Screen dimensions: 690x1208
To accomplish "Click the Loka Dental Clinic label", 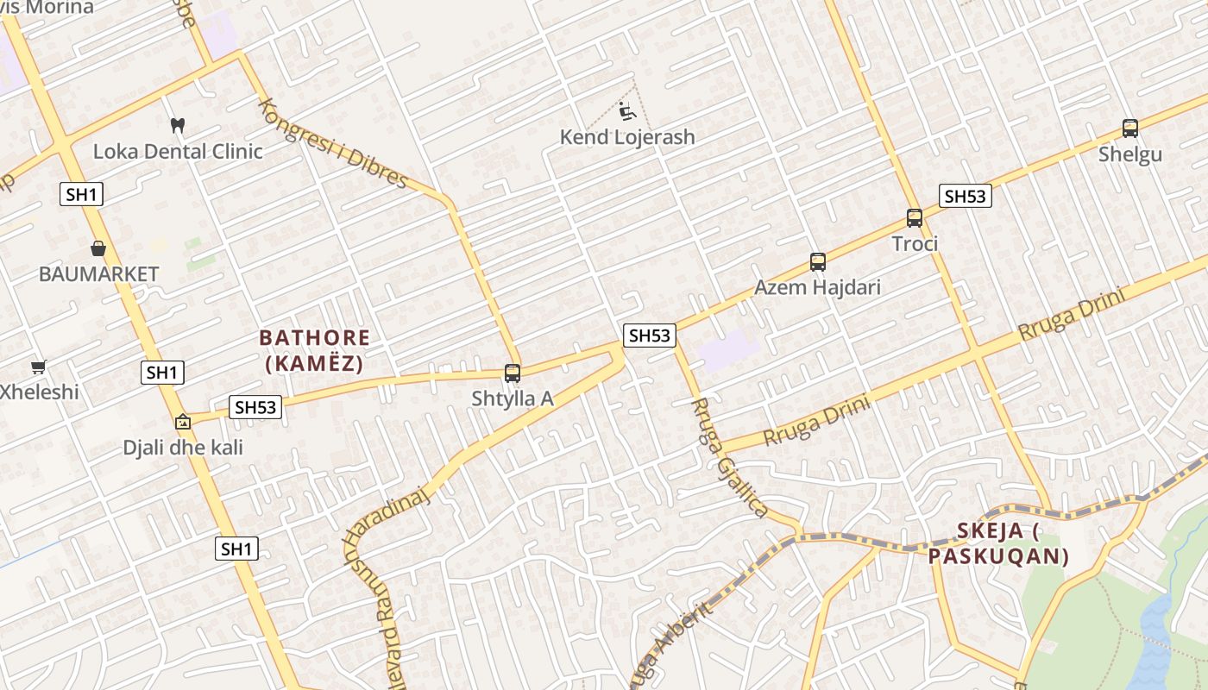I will coord(178,152).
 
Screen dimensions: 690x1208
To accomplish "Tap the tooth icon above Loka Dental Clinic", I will coord(178,126).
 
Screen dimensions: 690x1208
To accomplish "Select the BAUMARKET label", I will coord(98,274).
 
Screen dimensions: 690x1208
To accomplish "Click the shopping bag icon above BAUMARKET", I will coord(98,248).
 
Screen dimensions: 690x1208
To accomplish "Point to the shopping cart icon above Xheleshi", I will coord(38,367).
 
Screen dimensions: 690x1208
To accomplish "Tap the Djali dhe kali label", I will coord(183,448).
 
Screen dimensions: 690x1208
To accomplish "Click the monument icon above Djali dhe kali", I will coord(183,423).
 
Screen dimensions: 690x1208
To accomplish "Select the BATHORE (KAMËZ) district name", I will coord(314,350).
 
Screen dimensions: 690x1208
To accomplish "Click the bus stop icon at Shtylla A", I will coord(513,373).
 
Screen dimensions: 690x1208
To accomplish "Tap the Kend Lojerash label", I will coord(627,137).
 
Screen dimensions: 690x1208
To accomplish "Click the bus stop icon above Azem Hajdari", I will coord(818,261).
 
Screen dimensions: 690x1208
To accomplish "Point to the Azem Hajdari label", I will coord(818,287).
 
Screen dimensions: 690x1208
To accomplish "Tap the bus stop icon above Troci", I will coord(915,218).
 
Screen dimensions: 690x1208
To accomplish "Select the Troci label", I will coord(915,244).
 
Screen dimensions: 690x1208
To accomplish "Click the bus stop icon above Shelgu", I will coord(1130,129).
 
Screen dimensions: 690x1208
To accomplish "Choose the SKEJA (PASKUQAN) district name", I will coord(998,543).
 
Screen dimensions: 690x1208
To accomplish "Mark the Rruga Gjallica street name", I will coord(729,458).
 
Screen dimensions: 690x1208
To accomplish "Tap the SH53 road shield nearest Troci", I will coord(965,196).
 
